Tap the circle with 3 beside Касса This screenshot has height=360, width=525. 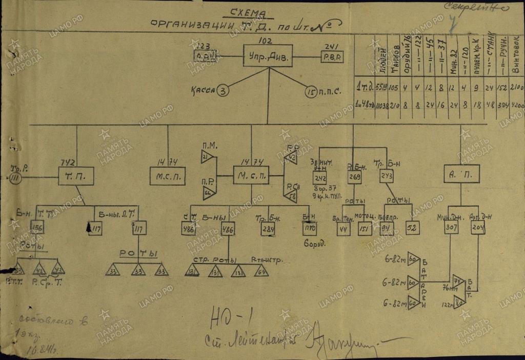pos(223,91)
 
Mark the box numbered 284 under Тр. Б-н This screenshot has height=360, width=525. pos(267,229)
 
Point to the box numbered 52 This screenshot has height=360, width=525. pos(413,228)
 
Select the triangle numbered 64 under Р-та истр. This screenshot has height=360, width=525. pos(260,271)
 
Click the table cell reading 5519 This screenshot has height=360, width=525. pos(381,86)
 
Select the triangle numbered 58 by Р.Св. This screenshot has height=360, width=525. pos(291,195)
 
